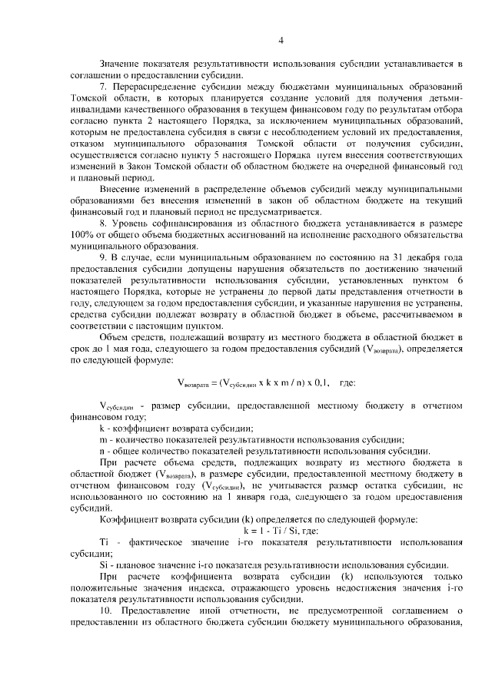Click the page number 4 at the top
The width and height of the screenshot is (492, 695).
[x=281, y=41]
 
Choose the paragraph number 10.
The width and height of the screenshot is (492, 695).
[x=106, y=615]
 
